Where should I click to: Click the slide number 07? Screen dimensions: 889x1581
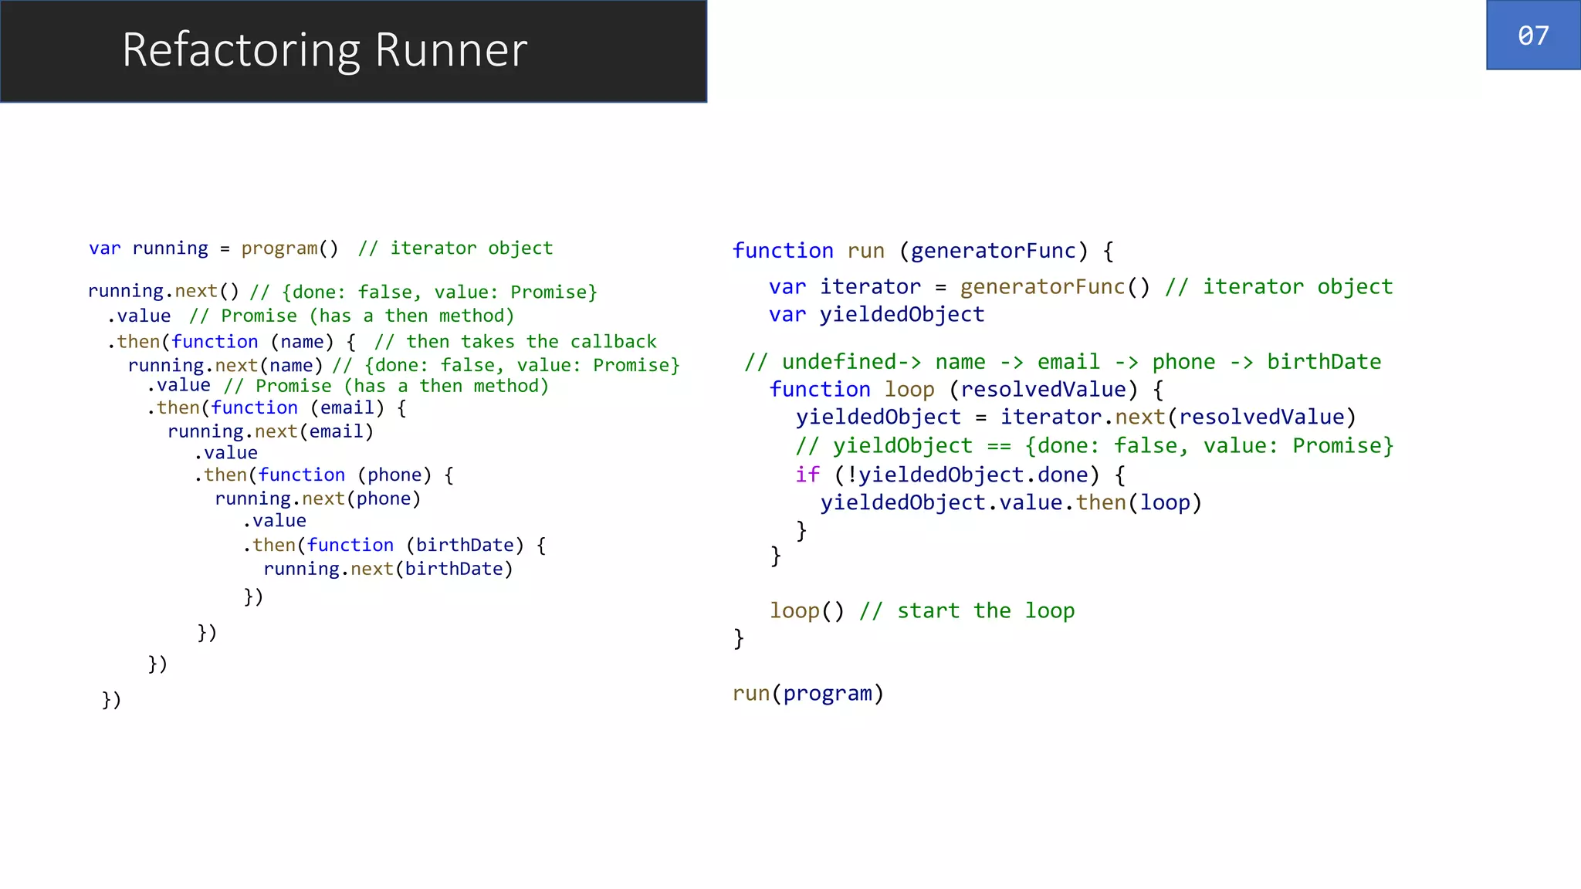pos(1533,35)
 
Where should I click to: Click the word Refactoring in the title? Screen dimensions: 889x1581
pos(241,50)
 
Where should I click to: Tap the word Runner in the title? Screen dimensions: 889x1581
pos(451,50)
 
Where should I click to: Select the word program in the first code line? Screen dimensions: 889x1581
pos(279,248)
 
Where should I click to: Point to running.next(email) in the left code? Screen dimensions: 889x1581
pos(270,431)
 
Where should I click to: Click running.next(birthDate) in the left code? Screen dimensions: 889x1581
pos(388,570)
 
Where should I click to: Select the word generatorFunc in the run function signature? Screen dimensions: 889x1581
pos(994,251)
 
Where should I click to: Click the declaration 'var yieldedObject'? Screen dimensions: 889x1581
pos(876,315)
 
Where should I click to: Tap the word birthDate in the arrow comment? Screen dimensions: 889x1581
pos(1324,362)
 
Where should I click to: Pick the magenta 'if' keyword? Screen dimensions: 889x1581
pos(807,475)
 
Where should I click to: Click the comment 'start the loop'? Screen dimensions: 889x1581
pos(985,611)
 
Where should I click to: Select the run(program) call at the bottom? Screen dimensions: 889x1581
pos(807,694)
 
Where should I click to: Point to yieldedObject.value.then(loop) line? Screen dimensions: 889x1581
pos(1011,503)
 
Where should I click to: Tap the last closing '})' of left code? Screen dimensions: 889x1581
pos(112,700)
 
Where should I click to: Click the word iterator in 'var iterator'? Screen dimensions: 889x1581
pos(870,287)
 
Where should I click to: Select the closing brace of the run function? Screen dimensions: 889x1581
pos(739,638)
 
